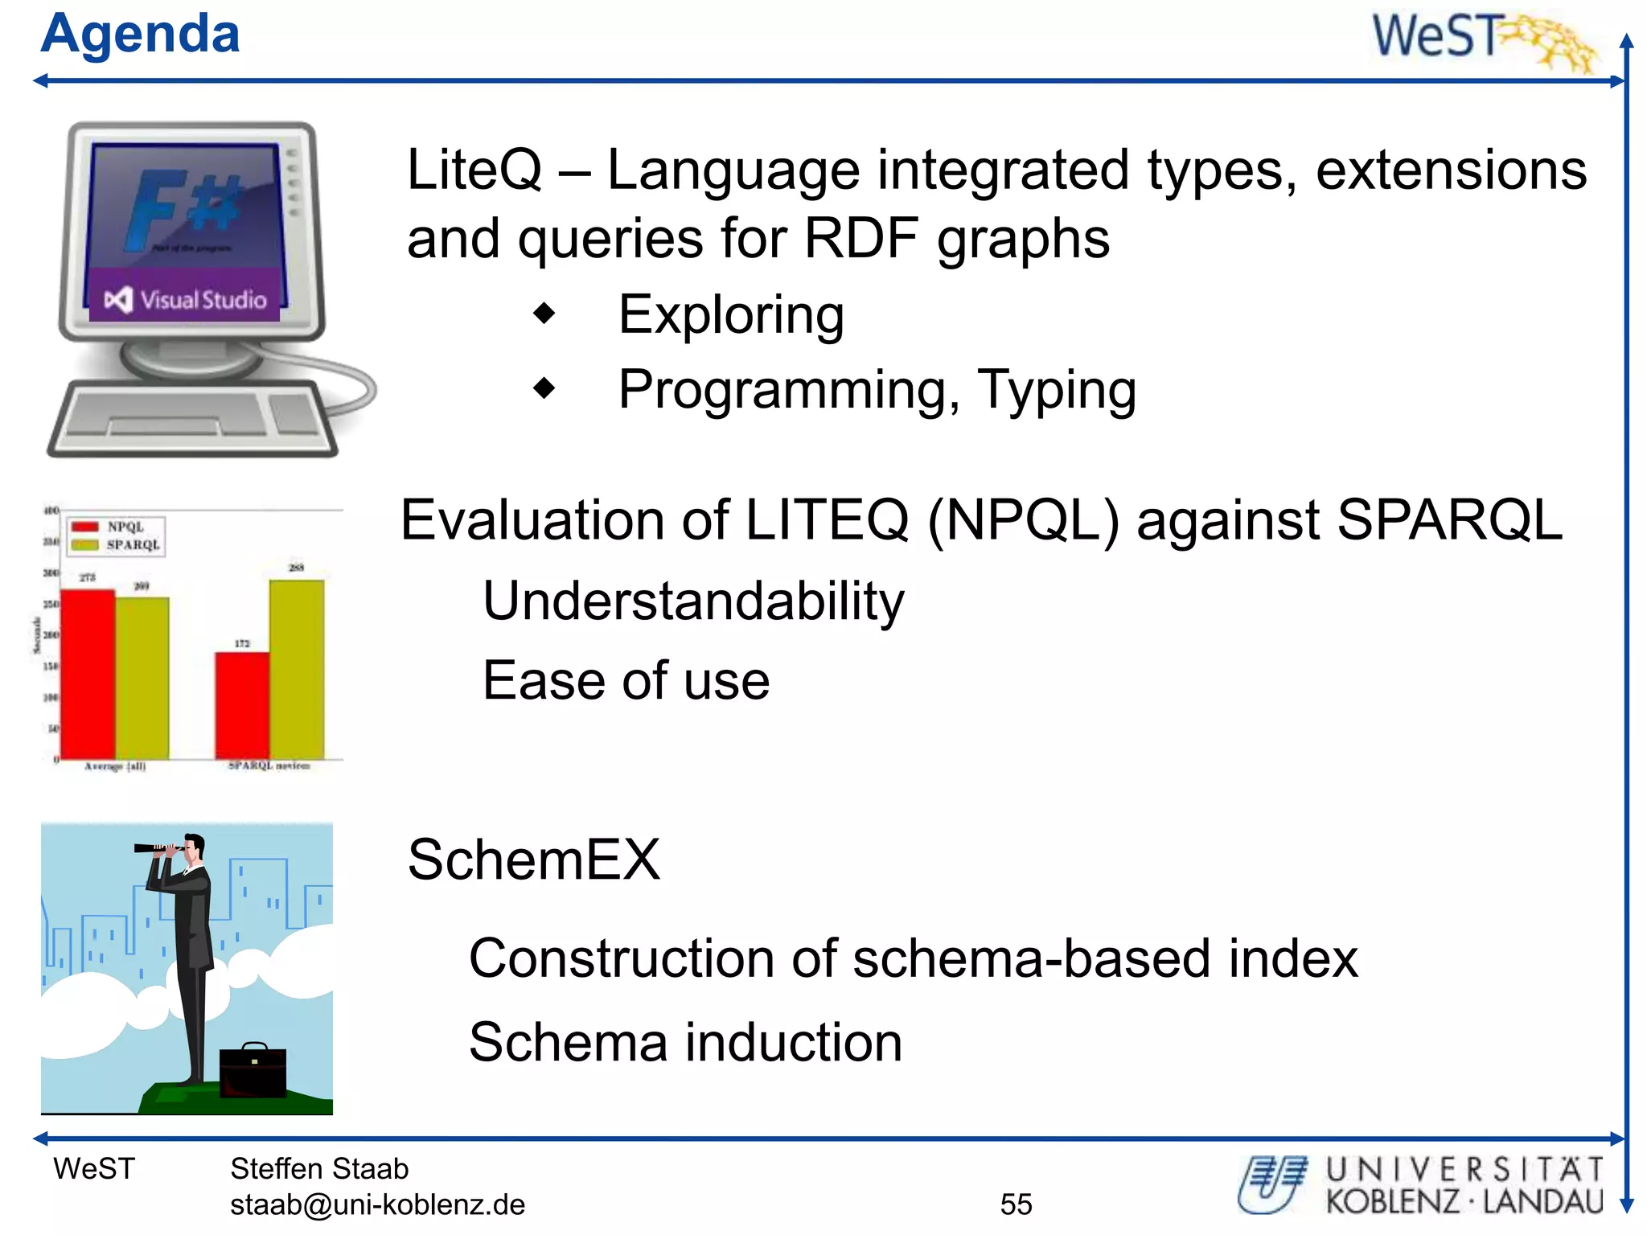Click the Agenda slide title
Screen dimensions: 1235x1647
click(x=140, y=35)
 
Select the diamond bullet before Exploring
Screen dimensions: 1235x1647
click(x=544, y=314)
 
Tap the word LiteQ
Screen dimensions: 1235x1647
click(x=474, y=170)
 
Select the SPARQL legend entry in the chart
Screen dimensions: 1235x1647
click(x=117, y=545)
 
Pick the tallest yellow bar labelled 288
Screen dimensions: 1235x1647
click(x=297, y=668)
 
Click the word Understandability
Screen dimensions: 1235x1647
click(x=693, y=601)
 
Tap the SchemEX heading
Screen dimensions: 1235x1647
click(x=533, y=860)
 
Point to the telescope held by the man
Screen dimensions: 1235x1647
click(x=158, y=847)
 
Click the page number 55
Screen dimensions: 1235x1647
click(x=1016, y=1204)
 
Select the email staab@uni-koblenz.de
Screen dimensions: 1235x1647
click(x=377, y=1204)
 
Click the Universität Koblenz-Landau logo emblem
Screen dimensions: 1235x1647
click(x=1271, y=1184)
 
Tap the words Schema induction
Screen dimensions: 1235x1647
click(x=685, y=1043)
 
